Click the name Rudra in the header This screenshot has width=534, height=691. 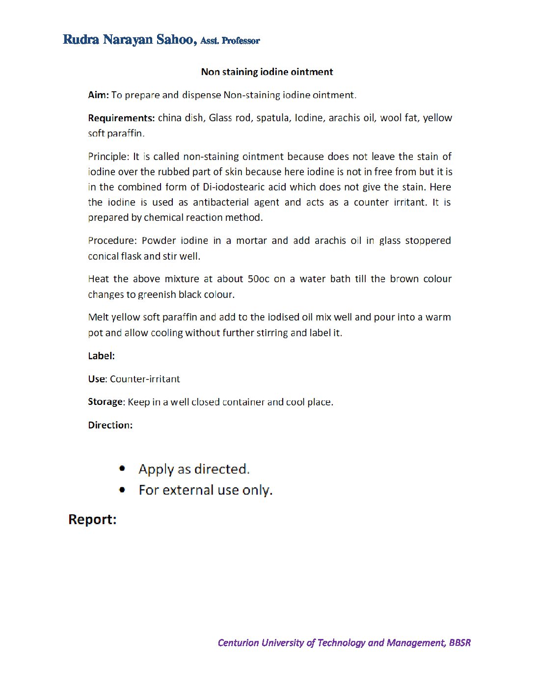(x=81, y=39)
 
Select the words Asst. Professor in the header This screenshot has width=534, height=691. (x=230, y=41)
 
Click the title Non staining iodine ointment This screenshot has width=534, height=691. (x=267, y=72)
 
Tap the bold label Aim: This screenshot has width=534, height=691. (x=98, y=95)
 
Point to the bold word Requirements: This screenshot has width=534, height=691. (x=121, y=118)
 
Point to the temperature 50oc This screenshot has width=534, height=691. (x=258, y=279)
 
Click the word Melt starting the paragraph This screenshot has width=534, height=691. (x=98, y=317)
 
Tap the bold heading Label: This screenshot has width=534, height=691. (x=101, y=356)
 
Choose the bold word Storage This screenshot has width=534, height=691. (x=105, y=401)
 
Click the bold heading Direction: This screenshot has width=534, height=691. (x=110, y=425)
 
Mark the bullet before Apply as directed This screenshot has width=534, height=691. (x=122, y=469)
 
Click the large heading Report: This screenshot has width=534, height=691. (x=92, y=519)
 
